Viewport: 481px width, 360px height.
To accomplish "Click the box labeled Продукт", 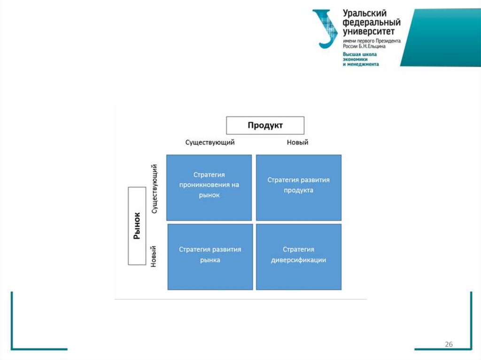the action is (265, 126).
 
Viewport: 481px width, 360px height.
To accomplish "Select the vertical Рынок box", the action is (137, 226).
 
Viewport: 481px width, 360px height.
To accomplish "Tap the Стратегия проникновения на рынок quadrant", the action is (209, 187).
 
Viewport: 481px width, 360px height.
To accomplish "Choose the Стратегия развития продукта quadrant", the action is (299, 187).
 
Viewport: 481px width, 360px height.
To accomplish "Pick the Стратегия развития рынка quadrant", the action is (209, 257).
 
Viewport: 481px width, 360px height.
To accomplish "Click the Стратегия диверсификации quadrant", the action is (299, 257).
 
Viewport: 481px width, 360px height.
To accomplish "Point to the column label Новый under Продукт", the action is (297, 142).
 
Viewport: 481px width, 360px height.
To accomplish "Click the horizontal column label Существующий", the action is (209, 142).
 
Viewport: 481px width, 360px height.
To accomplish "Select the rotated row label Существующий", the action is (155, 189).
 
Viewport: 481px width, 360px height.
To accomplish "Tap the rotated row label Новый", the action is (153, 257).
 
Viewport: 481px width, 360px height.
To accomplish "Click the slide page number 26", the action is (449, 345).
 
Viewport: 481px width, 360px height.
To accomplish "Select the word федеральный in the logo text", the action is (372, 23).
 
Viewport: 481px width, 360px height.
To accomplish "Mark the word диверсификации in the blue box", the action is (299, 260).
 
